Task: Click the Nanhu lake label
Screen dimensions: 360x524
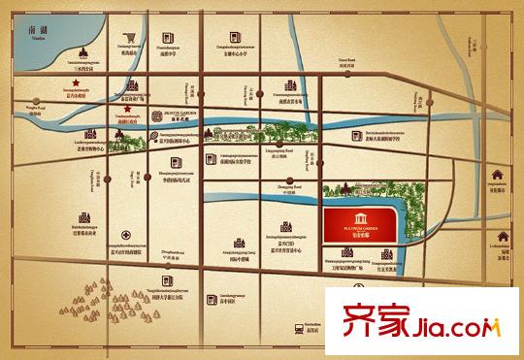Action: pos(38,32)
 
